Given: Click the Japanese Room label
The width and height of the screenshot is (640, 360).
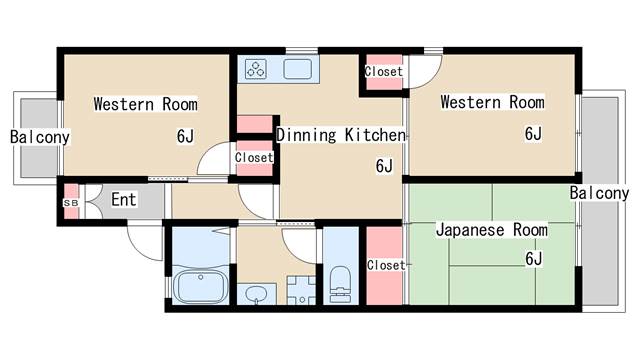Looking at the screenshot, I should [x=491, y=231].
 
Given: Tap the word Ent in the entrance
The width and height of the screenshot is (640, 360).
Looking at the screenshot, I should [x=123, y=200].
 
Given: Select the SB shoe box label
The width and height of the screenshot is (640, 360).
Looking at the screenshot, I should [x=70, y=202].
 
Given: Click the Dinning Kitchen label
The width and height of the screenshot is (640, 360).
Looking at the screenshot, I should [x=340, y=135].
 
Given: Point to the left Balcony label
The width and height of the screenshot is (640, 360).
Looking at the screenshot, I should [x=40, y=137].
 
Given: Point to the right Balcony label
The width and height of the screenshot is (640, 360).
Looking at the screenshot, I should [x=599, y=193].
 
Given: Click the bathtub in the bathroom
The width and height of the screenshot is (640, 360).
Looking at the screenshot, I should [x=201, y=287].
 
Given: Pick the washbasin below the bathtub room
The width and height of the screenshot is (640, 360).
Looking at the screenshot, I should [x=257, y=295].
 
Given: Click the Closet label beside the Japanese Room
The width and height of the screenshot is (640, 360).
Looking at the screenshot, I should [x=385, y=265].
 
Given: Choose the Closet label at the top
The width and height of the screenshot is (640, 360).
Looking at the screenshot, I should [x=383, y=72].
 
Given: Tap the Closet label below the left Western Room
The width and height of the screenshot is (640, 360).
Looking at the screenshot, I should [x=253, y=158].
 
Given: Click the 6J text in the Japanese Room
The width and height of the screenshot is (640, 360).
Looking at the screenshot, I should [x=533, y=259].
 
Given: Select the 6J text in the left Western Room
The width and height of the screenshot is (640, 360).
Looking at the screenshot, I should [x=185, y=137].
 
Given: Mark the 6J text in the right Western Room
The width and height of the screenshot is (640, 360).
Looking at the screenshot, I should [x=532, y=134].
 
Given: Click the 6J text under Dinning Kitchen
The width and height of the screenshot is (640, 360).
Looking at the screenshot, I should [x=384, y=165].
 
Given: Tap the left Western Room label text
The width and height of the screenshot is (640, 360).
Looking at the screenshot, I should [x=145, y=104].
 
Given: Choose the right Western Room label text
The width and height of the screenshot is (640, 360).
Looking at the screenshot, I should [x=492, y=102].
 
